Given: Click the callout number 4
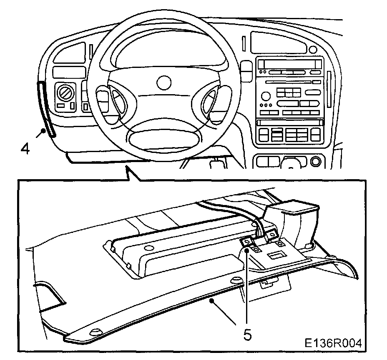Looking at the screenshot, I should (25, 148).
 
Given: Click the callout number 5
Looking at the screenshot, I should (248, 335).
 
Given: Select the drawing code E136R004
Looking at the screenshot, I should (332, 342).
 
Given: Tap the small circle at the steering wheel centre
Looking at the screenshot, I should (165, 81).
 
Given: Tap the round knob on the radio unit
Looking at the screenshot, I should (265, 96).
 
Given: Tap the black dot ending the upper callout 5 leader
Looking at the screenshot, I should (246, 250).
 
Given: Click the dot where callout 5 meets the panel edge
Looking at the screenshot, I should (212, 300).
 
